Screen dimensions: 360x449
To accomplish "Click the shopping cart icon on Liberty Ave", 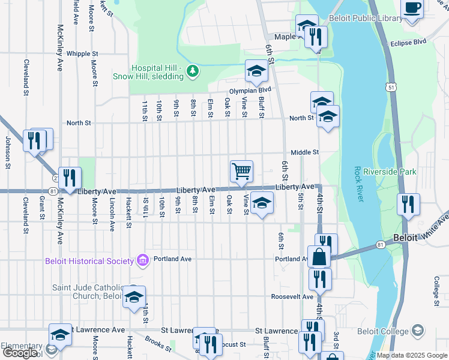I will pos(241,171).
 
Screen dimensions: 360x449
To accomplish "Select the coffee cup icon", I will pos(412,9).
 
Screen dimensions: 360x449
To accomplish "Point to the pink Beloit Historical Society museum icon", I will pos(142,260).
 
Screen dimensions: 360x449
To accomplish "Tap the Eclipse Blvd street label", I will pos(408,43).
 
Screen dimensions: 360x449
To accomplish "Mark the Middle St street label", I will pos(305,153).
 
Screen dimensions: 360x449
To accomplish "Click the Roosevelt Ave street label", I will pos(292,297).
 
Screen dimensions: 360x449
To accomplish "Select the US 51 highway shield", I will pos(391,88).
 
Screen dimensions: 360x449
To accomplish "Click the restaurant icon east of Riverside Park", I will pos(408,204).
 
